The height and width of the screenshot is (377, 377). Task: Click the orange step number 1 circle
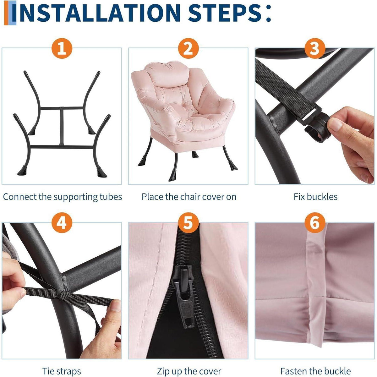[62, 48]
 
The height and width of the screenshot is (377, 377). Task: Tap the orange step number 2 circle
[188, 48]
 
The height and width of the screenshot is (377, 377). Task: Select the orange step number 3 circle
[315, 48]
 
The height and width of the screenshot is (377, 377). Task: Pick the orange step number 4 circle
[62, 223]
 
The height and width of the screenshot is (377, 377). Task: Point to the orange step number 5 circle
[188, 223]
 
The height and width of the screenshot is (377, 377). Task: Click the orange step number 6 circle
[315, 223]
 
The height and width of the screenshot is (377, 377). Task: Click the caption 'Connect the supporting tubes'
[63, 197]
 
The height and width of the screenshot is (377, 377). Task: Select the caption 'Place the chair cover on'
[189, 197]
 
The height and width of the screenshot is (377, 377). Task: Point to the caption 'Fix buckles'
[315, 197]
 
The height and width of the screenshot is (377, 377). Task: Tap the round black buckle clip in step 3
[318, 127]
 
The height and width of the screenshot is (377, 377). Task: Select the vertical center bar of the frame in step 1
[62, 126]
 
